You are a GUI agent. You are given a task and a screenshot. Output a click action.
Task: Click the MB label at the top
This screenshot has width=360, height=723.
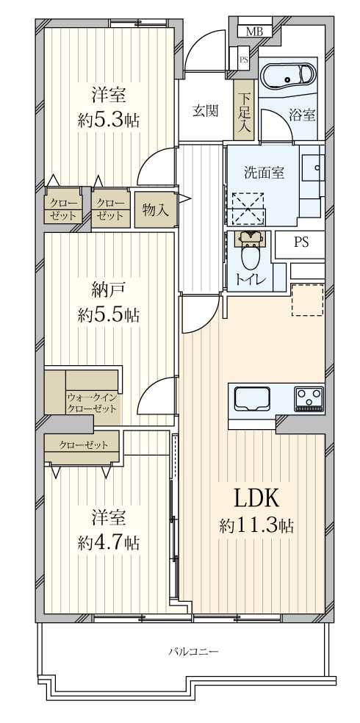click(x=254, y=31)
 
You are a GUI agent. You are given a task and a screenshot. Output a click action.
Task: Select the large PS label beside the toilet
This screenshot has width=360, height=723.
click(x=301, y=243)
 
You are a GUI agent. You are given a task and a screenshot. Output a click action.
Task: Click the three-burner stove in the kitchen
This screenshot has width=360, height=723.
click(x=309, y=399)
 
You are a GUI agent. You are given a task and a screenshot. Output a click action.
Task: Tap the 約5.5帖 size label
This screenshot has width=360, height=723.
click(x=109, y=315)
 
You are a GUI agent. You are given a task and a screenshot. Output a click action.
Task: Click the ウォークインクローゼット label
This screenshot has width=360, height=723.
click(x=93, y=402)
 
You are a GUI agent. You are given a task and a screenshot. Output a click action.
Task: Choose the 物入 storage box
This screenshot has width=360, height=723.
click(x=155, y=209)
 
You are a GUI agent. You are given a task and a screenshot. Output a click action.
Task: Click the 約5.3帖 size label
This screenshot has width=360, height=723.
click(x=109, y=120)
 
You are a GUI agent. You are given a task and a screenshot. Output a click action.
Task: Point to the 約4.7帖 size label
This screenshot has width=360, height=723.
click(x=109, y=543)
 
